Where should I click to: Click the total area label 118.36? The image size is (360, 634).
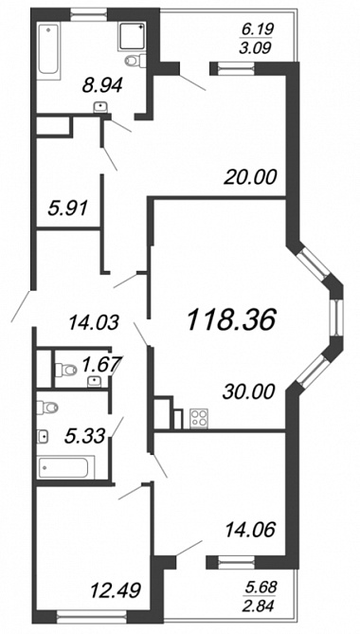[231, 319]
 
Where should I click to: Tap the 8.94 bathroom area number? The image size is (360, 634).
[101, 85]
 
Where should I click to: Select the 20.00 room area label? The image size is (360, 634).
[251, 177]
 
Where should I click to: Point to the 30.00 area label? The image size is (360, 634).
[248, 391]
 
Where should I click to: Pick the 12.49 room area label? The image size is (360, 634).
[116, 589]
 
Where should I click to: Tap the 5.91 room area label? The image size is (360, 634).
[66, 209]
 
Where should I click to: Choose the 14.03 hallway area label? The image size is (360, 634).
[94, 323]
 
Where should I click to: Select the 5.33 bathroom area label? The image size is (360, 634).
[86, 436]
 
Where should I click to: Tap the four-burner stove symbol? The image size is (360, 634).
[198, 419]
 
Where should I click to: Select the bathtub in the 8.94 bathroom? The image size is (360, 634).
[48, 49]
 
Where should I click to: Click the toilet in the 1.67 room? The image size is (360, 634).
[66, 370]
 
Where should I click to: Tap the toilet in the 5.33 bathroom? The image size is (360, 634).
[47, 408]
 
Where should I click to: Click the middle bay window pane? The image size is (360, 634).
[336, 317]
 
